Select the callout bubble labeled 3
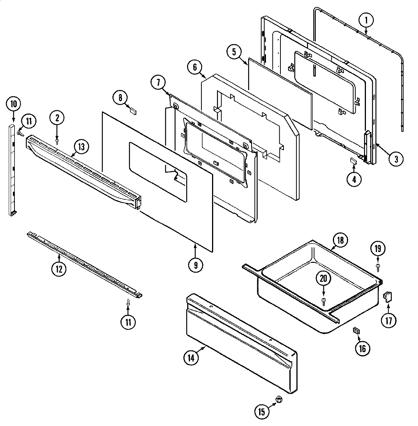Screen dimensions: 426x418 396,159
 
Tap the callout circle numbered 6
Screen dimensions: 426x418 194,67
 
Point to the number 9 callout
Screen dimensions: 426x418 195,265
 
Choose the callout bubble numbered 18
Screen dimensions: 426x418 340,240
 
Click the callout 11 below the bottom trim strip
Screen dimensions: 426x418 128,322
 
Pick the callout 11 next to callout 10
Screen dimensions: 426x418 29,122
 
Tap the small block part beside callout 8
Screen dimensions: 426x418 133,111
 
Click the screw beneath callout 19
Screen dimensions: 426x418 378,267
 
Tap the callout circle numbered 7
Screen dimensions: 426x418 158,82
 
